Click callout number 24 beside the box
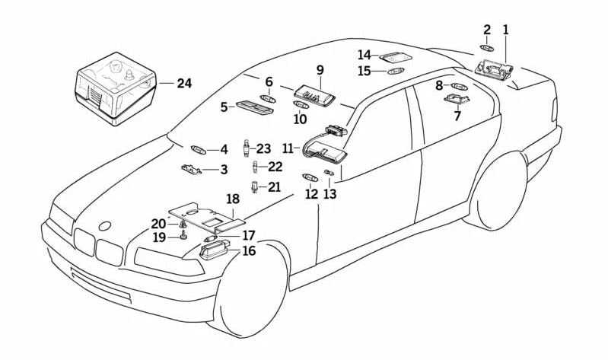184,83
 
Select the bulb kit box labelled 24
114,88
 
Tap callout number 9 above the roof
320,71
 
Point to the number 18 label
233,199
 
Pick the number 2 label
487,30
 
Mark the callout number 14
364,55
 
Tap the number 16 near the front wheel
249,250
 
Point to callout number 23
263,148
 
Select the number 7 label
457,116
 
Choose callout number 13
329,194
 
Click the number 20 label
158,223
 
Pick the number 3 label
224,170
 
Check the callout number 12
311,194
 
